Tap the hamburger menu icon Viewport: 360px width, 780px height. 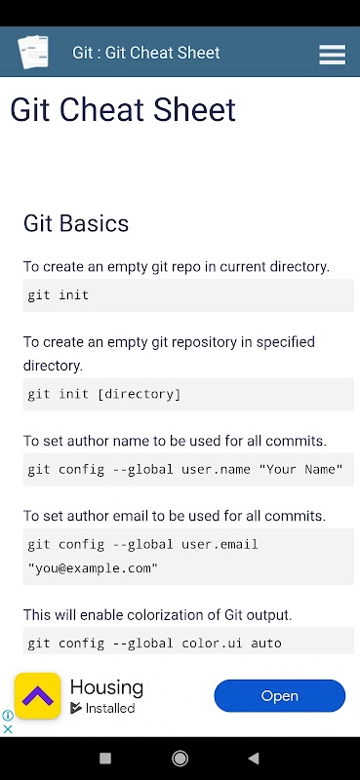[x=332, y=55]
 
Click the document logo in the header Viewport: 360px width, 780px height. [x=33, y=52]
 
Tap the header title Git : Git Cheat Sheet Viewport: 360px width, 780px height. [x=146, y=53]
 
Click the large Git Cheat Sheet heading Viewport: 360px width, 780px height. [x=123, y=110]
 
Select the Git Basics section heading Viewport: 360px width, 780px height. [x=76, y=223]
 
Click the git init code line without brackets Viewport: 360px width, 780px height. [x=59, y=295]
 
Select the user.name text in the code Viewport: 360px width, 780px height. [x=216, y=469]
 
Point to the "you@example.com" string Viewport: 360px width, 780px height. [x=93, y=568]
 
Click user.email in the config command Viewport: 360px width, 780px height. [x=220, y=544]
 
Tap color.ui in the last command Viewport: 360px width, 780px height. [x=212, y=643]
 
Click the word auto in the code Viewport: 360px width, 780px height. [x=266, y=643]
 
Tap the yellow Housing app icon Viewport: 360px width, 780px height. [x=37, y=695]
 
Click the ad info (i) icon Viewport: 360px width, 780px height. [x=8, y=716]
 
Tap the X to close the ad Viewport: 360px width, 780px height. [x=8, y=729]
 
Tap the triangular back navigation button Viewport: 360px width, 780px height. [x=254, y=759]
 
